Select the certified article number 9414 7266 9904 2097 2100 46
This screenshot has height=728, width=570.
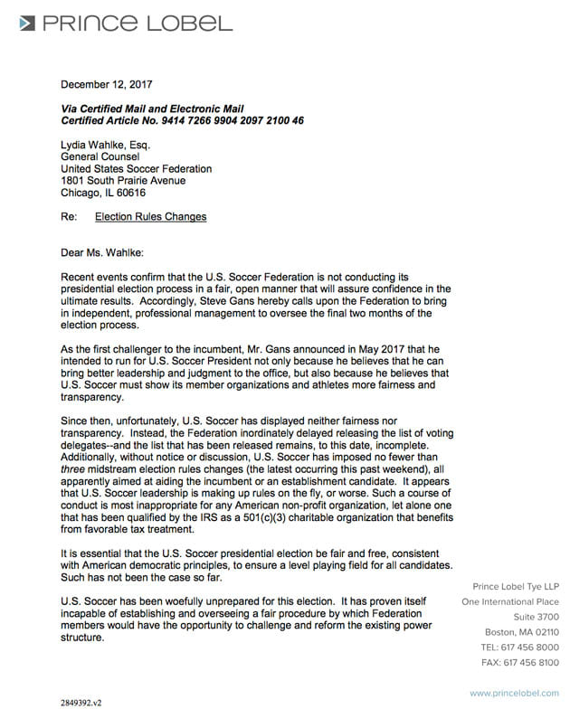tap(226, 120)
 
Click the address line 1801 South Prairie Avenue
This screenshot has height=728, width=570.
tap(123, 181)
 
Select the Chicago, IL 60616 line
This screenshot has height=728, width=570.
tap(103, 193)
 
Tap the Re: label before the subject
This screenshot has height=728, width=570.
tap(69, 217)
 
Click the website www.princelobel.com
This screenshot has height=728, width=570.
tap(514, 693)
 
